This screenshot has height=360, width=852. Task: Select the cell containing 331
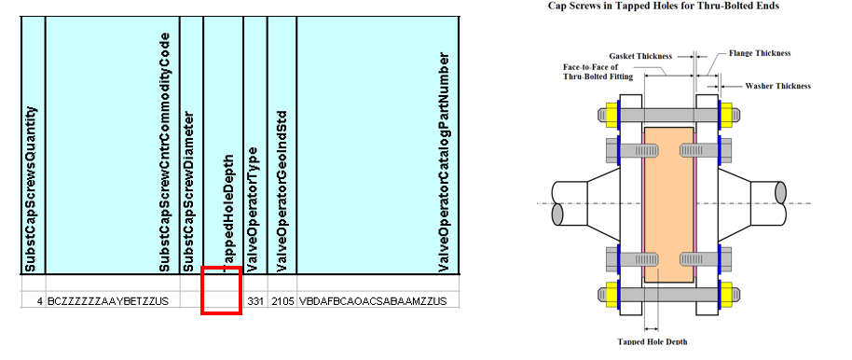(255, 300)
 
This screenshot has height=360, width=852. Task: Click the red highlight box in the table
(202, 290)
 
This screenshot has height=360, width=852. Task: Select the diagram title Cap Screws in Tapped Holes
(664, 6)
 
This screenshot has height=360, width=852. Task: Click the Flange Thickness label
(760, 53)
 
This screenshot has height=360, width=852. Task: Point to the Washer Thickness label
(777, 86)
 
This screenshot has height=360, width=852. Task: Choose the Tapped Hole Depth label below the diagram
(652, 341)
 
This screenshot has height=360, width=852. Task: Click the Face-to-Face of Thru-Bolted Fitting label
(598, 72)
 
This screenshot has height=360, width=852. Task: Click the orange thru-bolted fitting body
(669, 204)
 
